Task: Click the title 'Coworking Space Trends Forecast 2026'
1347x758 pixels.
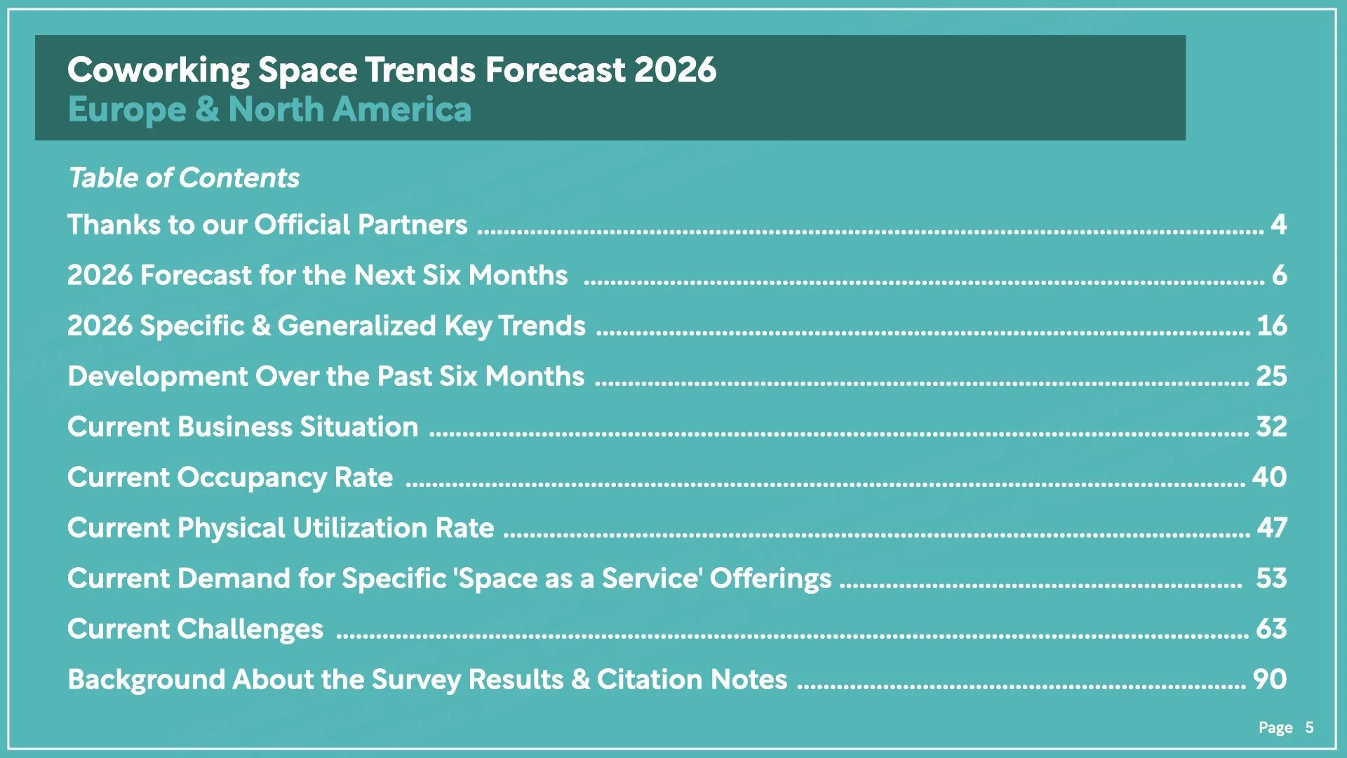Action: pyautogui.click(x=391, y=70)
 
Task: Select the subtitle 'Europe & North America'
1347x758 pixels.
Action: pyautogui.click(x=269, y=109)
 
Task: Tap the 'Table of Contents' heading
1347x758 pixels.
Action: pyautogui.click(x=184, y=178)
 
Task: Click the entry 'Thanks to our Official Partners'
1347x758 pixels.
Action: pyautogui.click(x=267, y=225)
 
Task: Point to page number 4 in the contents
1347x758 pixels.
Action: pyautogui.click(x=1278, y=225)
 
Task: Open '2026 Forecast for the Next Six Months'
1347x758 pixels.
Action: pyautogui.click(x=317, y=275)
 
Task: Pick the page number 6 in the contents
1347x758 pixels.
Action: pyautogui.click(x=1279, y=275)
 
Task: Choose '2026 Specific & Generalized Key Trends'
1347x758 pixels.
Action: pyautogui.click(x=326, y=326)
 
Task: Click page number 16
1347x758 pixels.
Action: pyautogui.click(x=1271, y=326)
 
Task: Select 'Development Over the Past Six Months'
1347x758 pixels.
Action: pyautogui.click(x=326, y=376)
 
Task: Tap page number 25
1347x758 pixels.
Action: pyautogui.click(x=1271, y=376)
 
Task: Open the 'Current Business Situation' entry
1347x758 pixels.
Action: pyautogui.click(x=243, y=427)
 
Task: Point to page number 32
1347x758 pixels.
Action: pyautogui.click(x=1271, y=427)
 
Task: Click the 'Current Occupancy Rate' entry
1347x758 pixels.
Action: pyautogui.click(x=230, y=477)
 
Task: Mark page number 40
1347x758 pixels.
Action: pyautogui.click(x=1269, y=477)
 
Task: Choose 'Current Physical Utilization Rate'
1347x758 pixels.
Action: pyautogui.click(x=281, y=528)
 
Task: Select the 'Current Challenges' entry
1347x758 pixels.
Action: pyautogui.click(x=195, y=629)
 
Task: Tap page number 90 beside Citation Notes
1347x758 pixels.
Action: pyautogui.click(x=1269, y=679)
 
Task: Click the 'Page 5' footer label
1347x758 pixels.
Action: pyautogui.click(x=1285, y=728)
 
